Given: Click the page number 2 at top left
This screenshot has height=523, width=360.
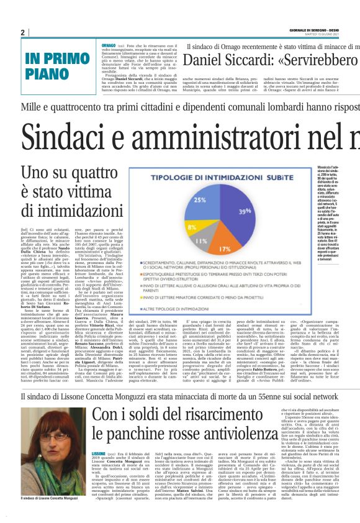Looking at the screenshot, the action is click(23, 32).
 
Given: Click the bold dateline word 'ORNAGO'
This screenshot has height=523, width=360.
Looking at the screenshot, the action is click(108, 46).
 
